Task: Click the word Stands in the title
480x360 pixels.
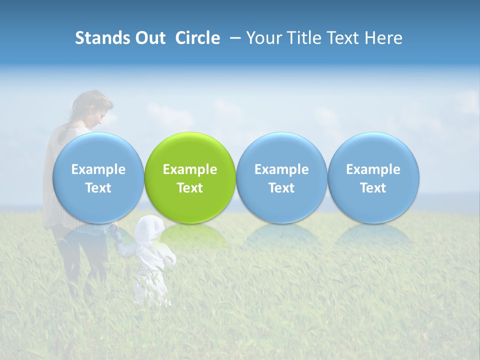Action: [101, 38]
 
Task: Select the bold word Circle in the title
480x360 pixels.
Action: [197, 38]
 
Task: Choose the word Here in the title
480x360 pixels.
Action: [383, 38]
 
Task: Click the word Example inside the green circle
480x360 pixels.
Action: [190, 169]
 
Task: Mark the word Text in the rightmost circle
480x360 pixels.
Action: [373, 188]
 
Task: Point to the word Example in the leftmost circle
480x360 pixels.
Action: [98, 169]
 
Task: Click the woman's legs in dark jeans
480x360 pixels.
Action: [82, 260]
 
